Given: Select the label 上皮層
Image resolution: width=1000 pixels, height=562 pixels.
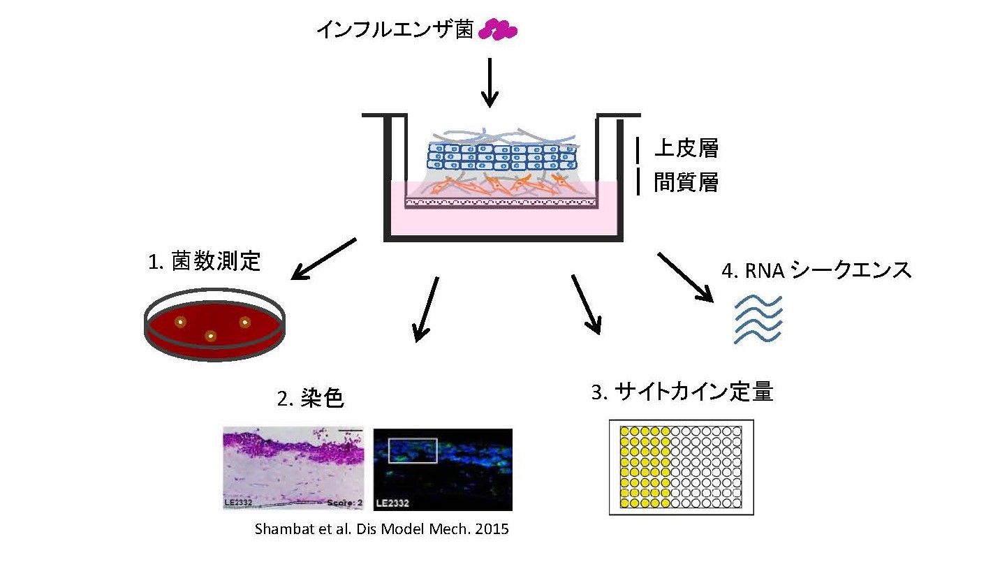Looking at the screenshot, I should pos(686,148).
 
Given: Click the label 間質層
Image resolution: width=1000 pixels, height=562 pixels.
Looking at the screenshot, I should pos(686,182).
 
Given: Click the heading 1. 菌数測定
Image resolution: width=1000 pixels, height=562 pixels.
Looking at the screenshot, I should pos(204,262).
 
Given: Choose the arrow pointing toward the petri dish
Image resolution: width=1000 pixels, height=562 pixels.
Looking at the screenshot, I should pos(323,259).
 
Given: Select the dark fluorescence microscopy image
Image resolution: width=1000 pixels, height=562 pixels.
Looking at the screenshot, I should pos(442,469).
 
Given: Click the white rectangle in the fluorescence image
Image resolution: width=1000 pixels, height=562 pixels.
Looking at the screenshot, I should pos(412,450).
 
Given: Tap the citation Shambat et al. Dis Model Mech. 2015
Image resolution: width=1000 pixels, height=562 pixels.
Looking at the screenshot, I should pos(383,528).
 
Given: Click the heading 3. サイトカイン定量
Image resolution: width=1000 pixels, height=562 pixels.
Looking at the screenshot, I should pos(682,392).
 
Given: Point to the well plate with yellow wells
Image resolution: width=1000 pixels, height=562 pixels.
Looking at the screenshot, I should pos(681,467).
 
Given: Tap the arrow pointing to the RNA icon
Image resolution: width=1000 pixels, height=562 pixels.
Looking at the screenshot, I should pos(685,278).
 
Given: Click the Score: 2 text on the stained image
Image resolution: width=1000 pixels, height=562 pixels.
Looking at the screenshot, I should pos(344,502).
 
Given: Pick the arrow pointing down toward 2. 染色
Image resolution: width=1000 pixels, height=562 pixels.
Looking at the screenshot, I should pos(426,309).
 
